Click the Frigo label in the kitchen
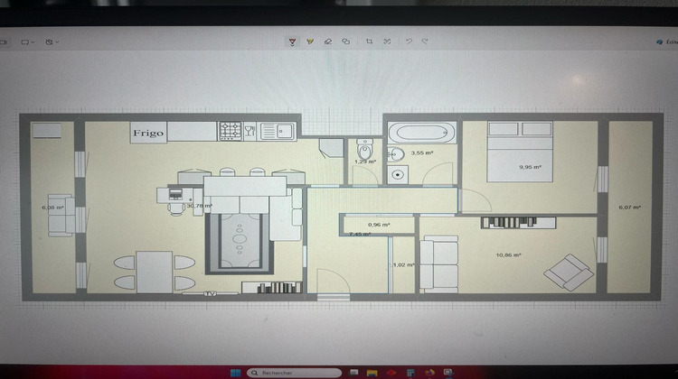click(x=149, y=133)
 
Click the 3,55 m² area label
click(x=421, y=153)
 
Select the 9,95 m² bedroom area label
click(x=530, y=167)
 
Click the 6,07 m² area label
click(x=629, y=208)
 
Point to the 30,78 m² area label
click(x=199, y=206)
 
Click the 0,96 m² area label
click(x=379, y=225)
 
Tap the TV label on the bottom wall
click(x=210, y=293)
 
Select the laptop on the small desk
click(x=176, y=193)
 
